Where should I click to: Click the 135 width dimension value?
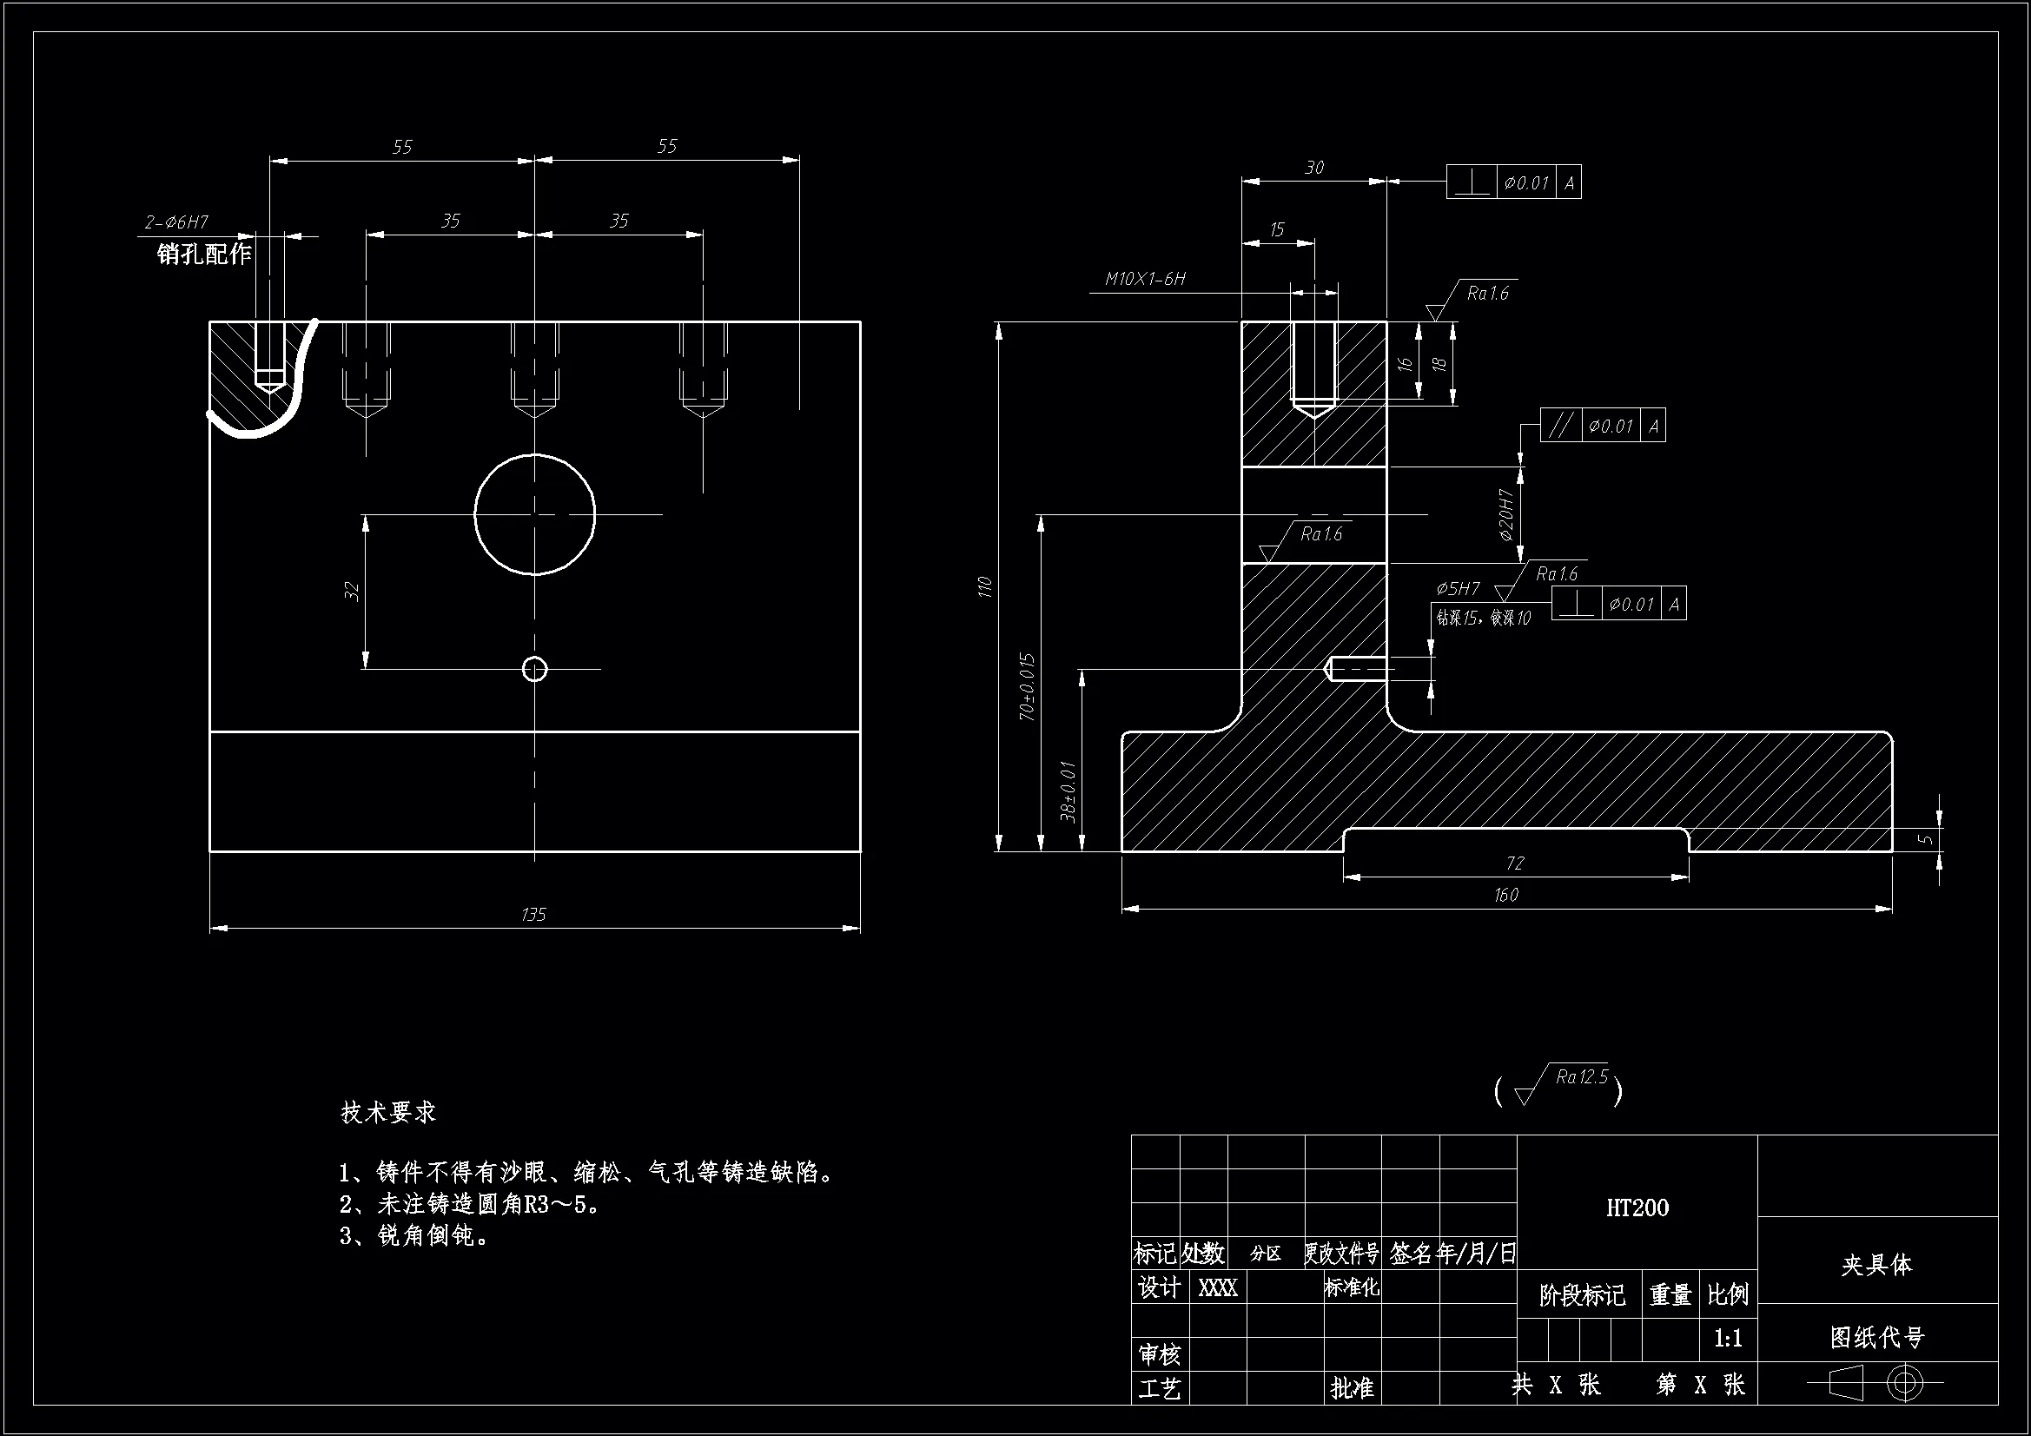(533, 914)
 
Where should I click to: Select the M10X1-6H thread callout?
(1145, 279)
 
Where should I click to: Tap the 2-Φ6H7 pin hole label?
(177, 222)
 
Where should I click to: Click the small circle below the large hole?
(534, 669)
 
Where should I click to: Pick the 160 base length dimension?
(1505, 895)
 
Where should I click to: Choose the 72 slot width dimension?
(1514, 863)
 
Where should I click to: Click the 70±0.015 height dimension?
(1027, 686)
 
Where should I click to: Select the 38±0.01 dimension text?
(1068, 791)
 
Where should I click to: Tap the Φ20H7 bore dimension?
(1506, 514)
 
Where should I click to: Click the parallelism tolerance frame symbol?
(1560, 426)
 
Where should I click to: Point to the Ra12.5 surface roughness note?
(1581, 1076)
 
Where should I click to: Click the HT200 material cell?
(1637, 1208)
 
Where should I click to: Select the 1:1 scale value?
(1728, 1338)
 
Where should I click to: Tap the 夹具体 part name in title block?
(1876, 1264)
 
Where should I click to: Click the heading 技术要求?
(388, 1112)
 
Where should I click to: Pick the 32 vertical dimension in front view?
(352, 591)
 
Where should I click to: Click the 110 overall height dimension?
(984, 586)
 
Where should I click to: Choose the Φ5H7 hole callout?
(1457, 588)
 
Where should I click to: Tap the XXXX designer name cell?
(1217, 1288)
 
